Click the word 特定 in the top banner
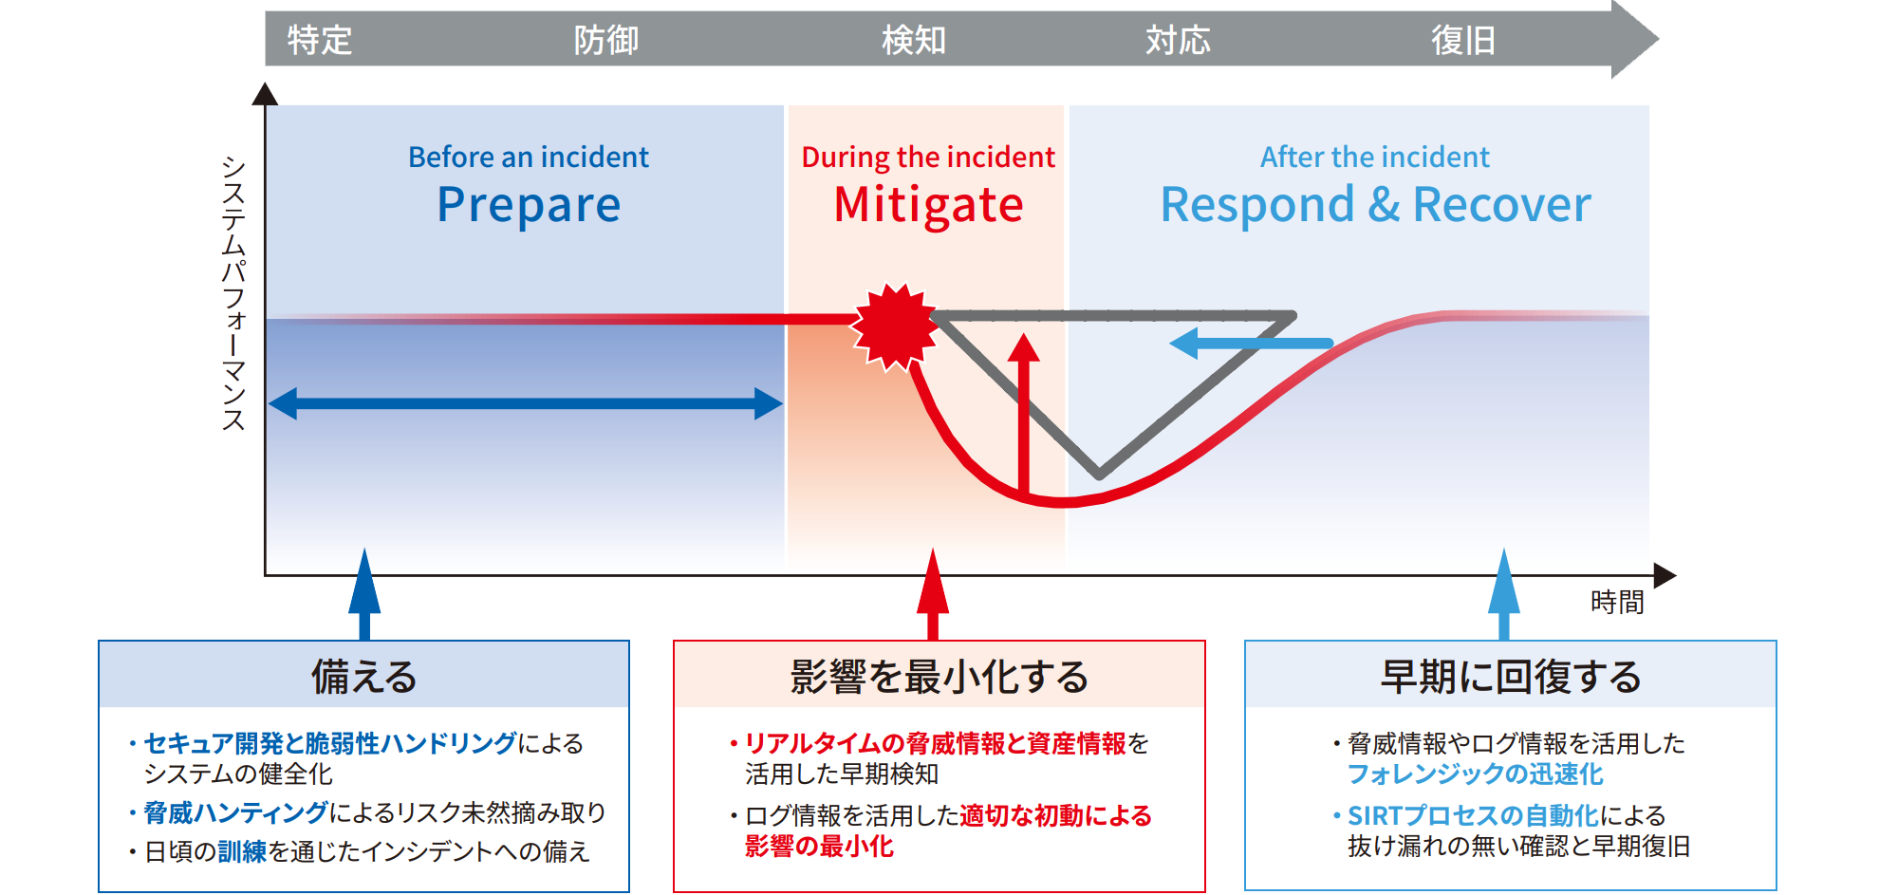[x=320, y=40]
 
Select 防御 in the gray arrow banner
[x=606, y=40]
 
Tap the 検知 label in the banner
[x=914, y=40]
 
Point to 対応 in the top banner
[x=1178, y=40]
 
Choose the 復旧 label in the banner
[x=1463, y=40]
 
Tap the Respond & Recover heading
[x=1376, y=205]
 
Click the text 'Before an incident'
[x=529, y=157]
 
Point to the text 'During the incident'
[x=928, y=158]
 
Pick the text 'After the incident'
[x=1375, y=157]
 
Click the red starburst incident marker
[x=894, y=326]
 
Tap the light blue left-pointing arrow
[x=1251, y=343]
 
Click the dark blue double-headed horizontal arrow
[x=526, y=403]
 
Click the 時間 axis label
[x=1617, y=603]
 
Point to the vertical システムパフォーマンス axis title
[x=233, y=293]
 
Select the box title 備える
[x=364, y=677]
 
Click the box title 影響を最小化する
[x=939, y=677]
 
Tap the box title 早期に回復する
[x=1511, y=677]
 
